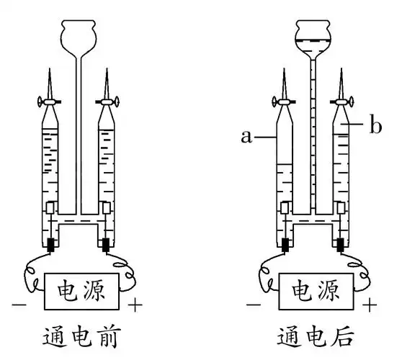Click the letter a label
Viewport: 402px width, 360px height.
click(x=246, y=137)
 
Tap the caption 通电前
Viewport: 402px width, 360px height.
click(x=81, y=336)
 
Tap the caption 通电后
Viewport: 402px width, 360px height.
click(x=316, y=336)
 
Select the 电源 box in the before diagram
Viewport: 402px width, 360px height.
click(x=82, y=292)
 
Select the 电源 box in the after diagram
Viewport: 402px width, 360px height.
click(x=316, y=292)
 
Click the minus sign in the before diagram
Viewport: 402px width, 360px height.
click(x=19, y=305)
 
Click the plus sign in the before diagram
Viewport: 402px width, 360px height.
click(x=135, y=305)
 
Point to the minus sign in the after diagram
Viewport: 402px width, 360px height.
click(x=254, y=305)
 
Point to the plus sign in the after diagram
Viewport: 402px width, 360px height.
click(x=370, y=305)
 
